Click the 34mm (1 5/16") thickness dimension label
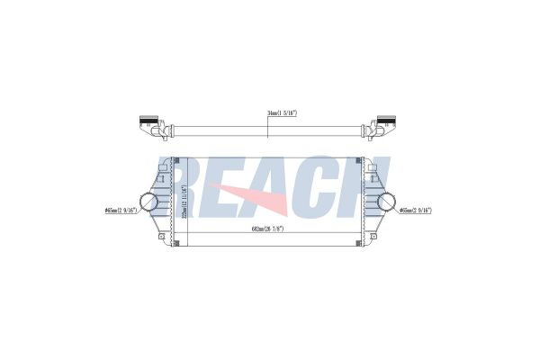pyautogui.click(x=283, y=112)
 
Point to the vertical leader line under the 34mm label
pyautogui.click(x=267, y=125)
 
